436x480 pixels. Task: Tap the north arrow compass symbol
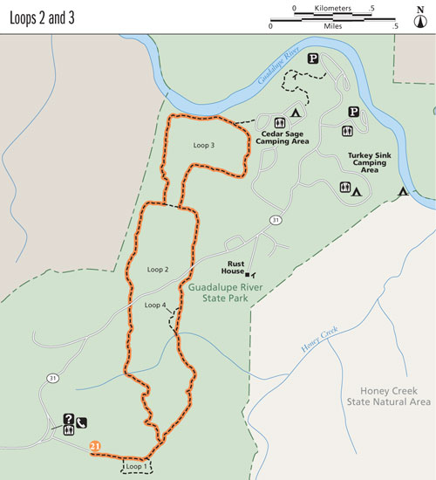(x=420, y=16)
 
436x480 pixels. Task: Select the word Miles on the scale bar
(x=333, y=27)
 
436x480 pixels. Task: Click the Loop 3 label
(x=200, y=145)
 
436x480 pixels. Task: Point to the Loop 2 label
(x=157, y=270)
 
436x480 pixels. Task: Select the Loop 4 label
(x=154, y=305)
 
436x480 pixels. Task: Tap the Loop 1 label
(x=136, y=467)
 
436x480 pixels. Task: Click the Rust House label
(x=241, y=264)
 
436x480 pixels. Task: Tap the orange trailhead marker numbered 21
(x=95, y=447)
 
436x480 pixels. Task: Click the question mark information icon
(x=67, y=418)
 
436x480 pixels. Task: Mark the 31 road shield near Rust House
(x=275, y=217)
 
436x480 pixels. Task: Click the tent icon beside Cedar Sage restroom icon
(x=296, y=113)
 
